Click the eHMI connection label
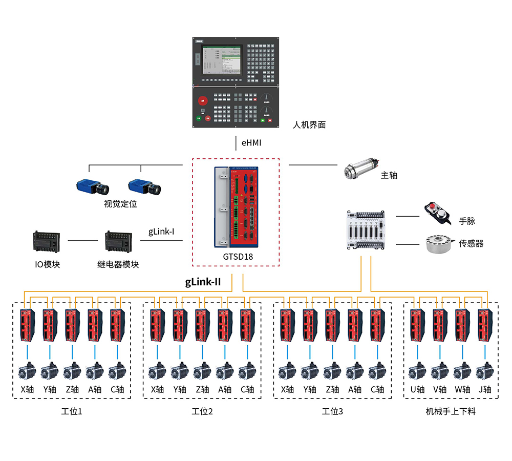[x=251, y=143]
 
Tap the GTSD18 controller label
[x=236, y=257]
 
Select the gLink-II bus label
[x=203, y=281]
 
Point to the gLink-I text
[x=161, y=232]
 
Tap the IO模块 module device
[x=46, y=241]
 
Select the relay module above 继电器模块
[x=118, y=241]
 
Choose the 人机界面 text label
[x=309, y=124]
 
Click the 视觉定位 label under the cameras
[x=120, y=204]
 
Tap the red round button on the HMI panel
[x=202, y=100]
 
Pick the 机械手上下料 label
[x=451, y=411]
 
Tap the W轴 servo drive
[x=462, y=325]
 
